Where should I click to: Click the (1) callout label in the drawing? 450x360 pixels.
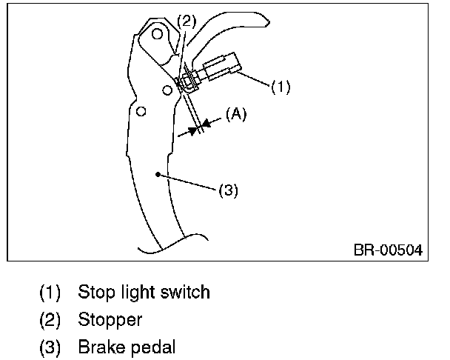(280, 87)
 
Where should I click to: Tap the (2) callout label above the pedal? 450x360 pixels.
(186, 21)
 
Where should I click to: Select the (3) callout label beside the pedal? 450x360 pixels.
(228, 190)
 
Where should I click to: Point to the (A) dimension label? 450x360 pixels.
(236, 115)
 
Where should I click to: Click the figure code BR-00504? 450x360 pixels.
(387, 250)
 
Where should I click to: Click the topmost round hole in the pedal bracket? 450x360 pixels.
(158, 33)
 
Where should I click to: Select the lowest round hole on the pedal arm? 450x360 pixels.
(141, 111)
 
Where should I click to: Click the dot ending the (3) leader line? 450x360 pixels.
(157, 176)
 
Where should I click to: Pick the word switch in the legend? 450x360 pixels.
(187, 292)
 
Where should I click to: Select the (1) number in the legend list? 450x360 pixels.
(49, 293)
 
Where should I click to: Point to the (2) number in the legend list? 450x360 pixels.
(49, 320)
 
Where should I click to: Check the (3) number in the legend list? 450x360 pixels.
(49, 348)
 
